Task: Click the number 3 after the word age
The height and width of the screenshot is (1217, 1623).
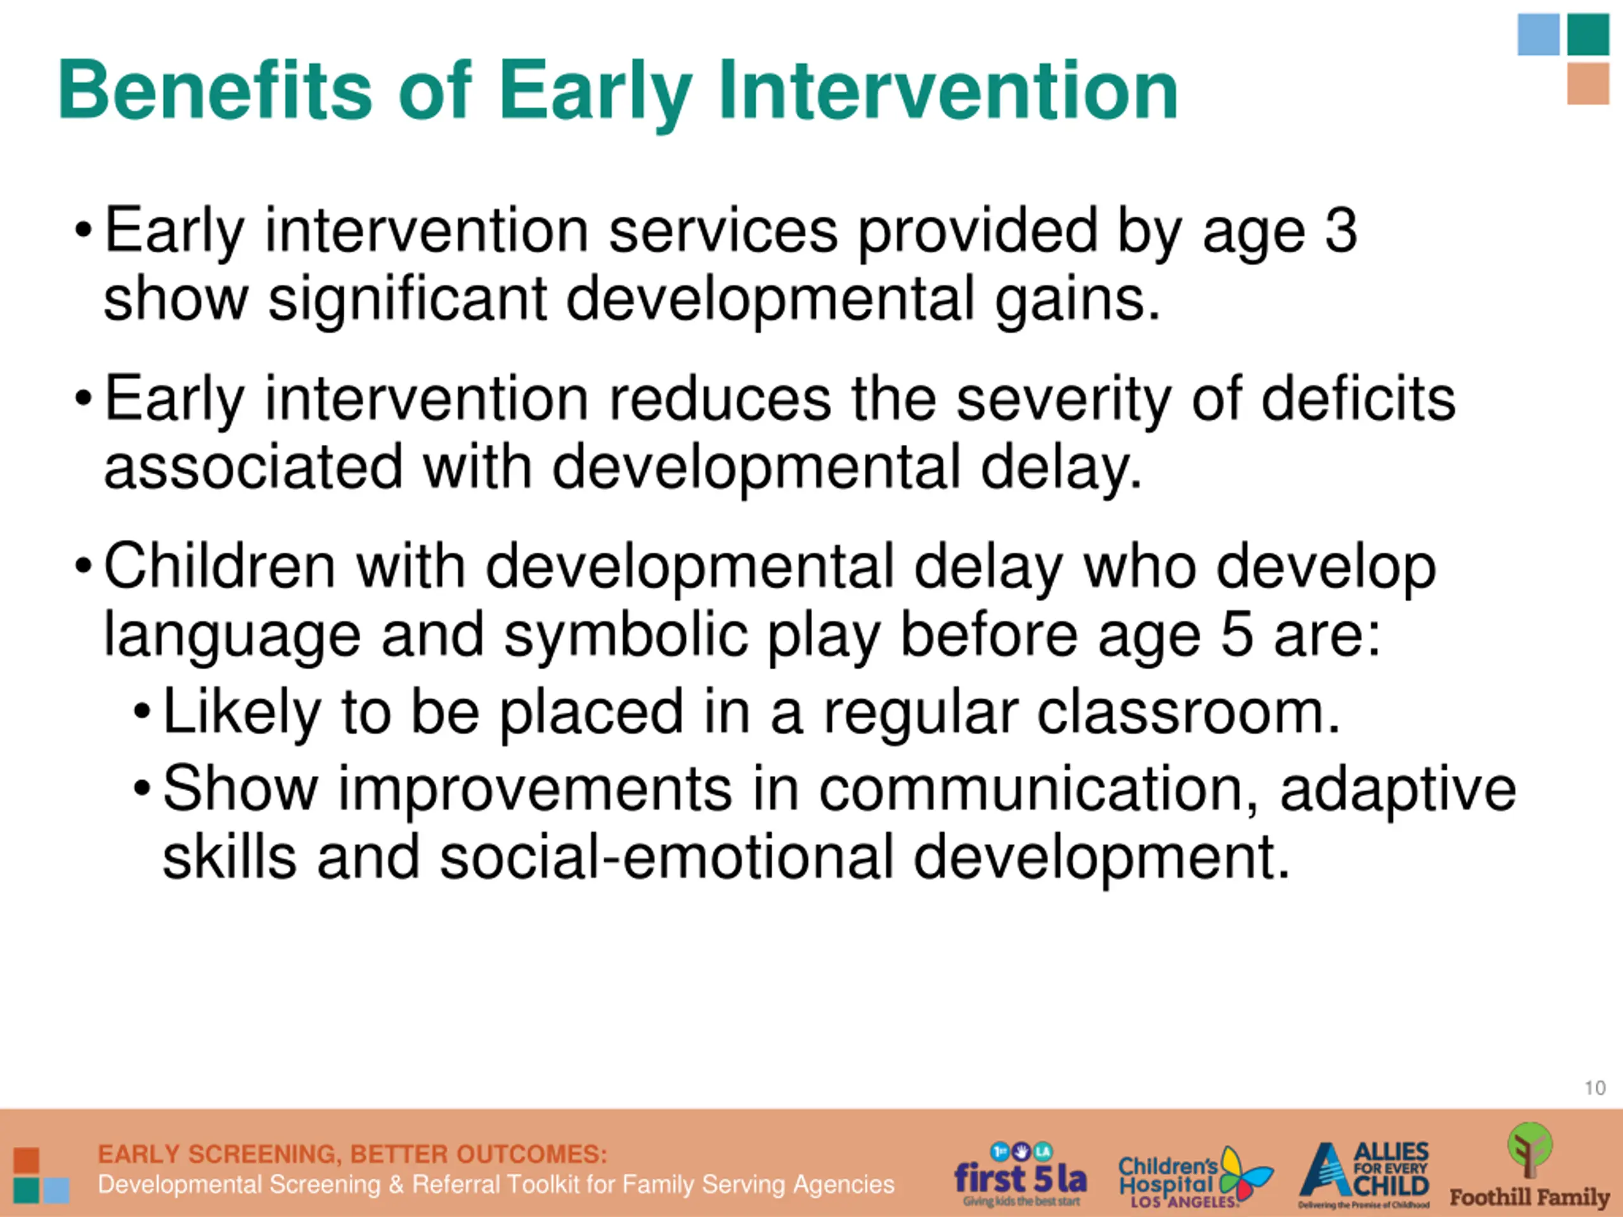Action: [1340, 230]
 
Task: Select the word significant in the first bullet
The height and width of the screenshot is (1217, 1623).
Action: [407, 299]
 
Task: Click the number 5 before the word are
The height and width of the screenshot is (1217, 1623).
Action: [1236, 634]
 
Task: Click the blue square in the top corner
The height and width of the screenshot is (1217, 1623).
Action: [1539, 34]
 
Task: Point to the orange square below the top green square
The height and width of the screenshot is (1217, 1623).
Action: [1589, 84]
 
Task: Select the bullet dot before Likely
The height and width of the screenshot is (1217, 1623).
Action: [143, 710]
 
